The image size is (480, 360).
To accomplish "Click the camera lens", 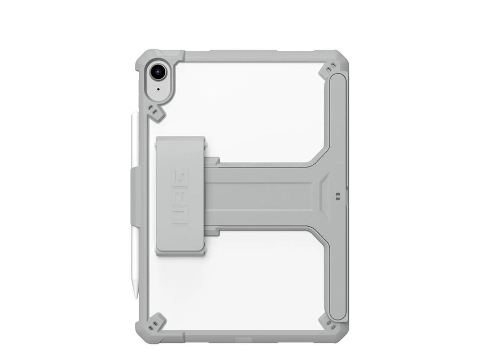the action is (158, 72).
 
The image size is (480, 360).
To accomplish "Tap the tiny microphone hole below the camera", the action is (158, 90).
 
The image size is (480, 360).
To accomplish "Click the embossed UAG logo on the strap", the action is (180, 197).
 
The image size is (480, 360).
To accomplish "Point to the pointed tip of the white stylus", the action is (135, 297).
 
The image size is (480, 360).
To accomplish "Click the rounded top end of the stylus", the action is (135, 114).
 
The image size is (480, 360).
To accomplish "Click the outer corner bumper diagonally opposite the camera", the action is (340, 335).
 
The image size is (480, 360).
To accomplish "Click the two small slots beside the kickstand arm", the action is (338, 196).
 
